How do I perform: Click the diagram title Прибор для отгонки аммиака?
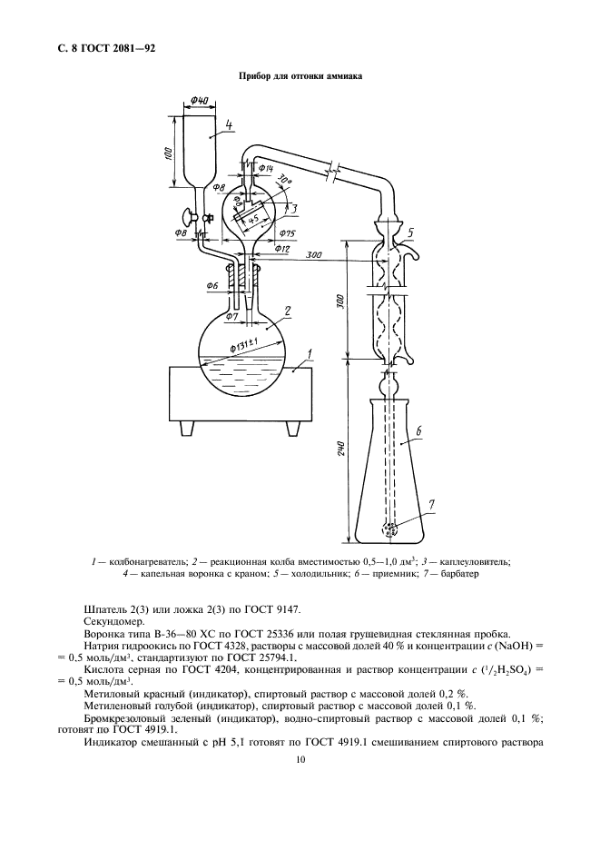click(300, 76)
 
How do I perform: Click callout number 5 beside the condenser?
click(410, 232)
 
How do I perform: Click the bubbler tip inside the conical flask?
click(392, 528)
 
